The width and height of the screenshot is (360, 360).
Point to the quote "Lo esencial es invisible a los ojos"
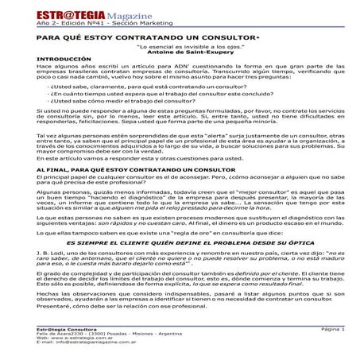(x=180, y=48)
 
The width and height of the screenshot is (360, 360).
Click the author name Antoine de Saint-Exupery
(x=180, y=54)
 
